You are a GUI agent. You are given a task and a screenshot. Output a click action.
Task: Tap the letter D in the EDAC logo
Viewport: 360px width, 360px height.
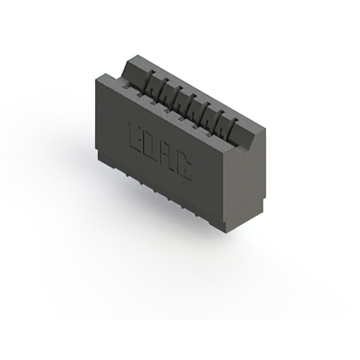(151, 147)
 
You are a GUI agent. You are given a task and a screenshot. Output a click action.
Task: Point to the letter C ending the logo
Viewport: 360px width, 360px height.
(183, 166)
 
